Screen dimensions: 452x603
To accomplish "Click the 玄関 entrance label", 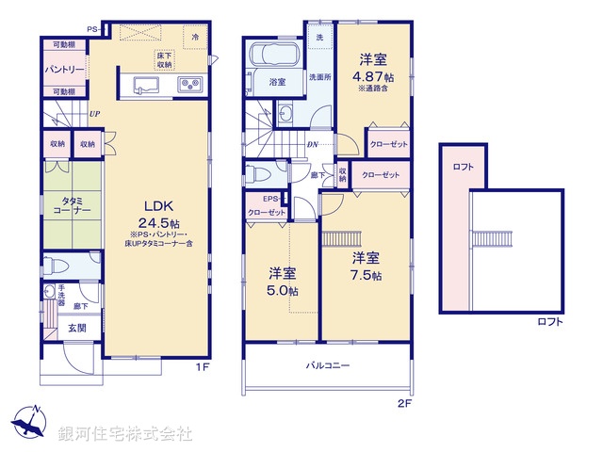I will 76,328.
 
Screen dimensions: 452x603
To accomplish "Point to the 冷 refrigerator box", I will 195,39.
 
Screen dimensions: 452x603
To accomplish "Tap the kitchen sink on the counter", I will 142,87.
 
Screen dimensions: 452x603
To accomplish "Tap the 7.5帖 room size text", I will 367,275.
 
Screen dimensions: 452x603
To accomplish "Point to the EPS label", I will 269,200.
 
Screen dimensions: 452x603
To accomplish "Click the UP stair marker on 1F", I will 95,114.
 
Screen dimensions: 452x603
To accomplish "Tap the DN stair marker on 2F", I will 313,144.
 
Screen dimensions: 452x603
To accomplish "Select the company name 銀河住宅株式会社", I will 126,434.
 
